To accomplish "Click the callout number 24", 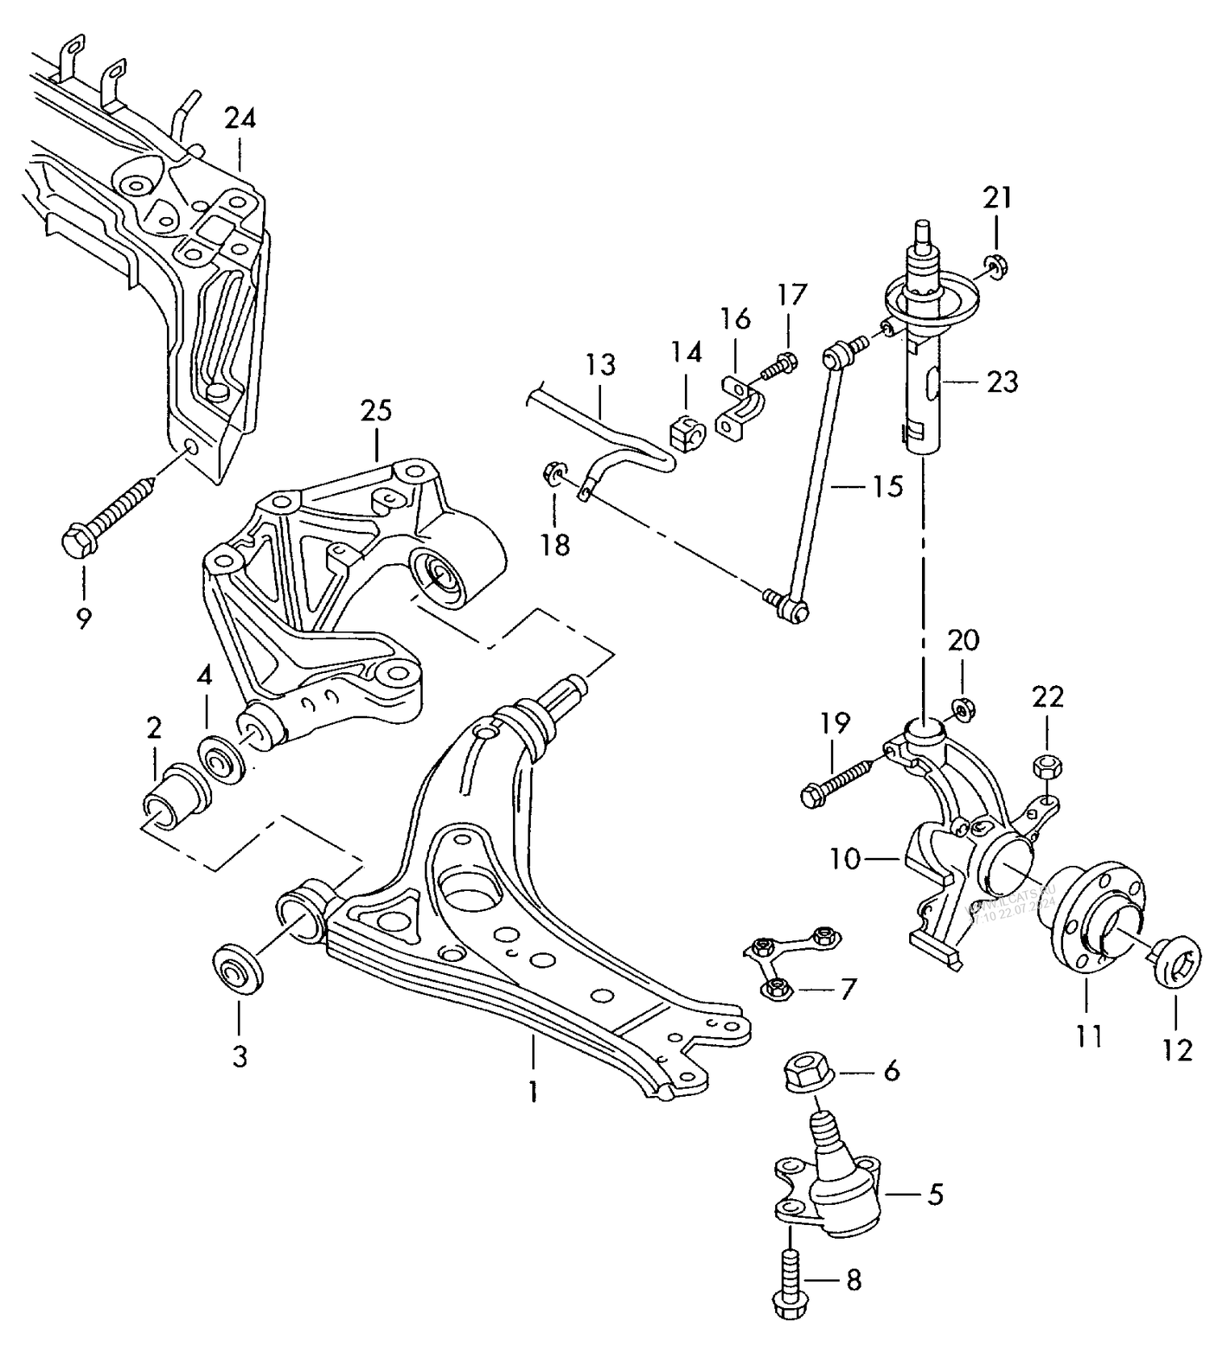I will pyautogui.click(x=240, y=119).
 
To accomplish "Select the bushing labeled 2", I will pyautogui.click(x=176, y=800).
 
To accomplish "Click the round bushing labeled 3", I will pyautogui.click(x=236, y=971).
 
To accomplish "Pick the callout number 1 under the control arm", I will pyautogui.click(x=532, y=1092).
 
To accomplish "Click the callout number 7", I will pyautogui.click(x=847, y=989).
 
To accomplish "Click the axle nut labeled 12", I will pyautogui.click(x=1174, y=960).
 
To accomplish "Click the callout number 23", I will pyautogui.click(x=1003, y=382).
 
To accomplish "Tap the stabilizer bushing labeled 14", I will pyautogui.click(x=686, y=433).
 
